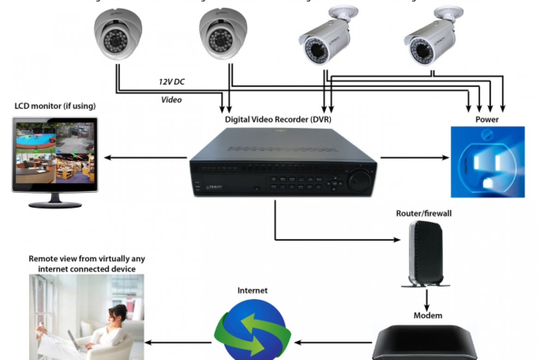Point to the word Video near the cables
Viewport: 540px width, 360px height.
(171, 100)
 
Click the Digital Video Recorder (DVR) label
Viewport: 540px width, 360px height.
(278, 119)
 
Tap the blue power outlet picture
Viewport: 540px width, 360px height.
(487, 162)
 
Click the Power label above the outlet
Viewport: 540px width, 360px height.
(487, 119)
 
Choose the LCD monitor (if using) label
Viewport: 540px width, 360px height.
(54, 106)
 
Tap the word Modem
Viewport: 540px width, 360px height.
(427, 316)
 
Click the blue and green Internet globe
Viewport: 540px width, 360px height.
(253, 329)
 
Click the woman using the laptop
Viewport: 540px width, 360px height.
(113, 330)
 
